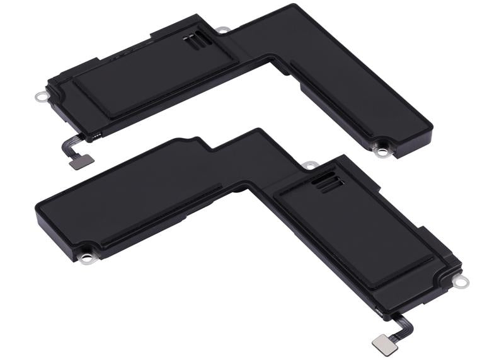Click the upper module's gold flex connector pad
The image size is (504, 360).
click(x=83, y=161)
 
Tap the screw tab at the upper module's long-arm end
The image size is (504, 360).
click(x=381, y=150)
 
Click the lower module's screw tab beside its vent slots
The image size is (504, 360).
click(x=309, y=165)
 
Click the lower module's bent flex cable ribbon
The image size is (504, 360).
click(x=403, y=325)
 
